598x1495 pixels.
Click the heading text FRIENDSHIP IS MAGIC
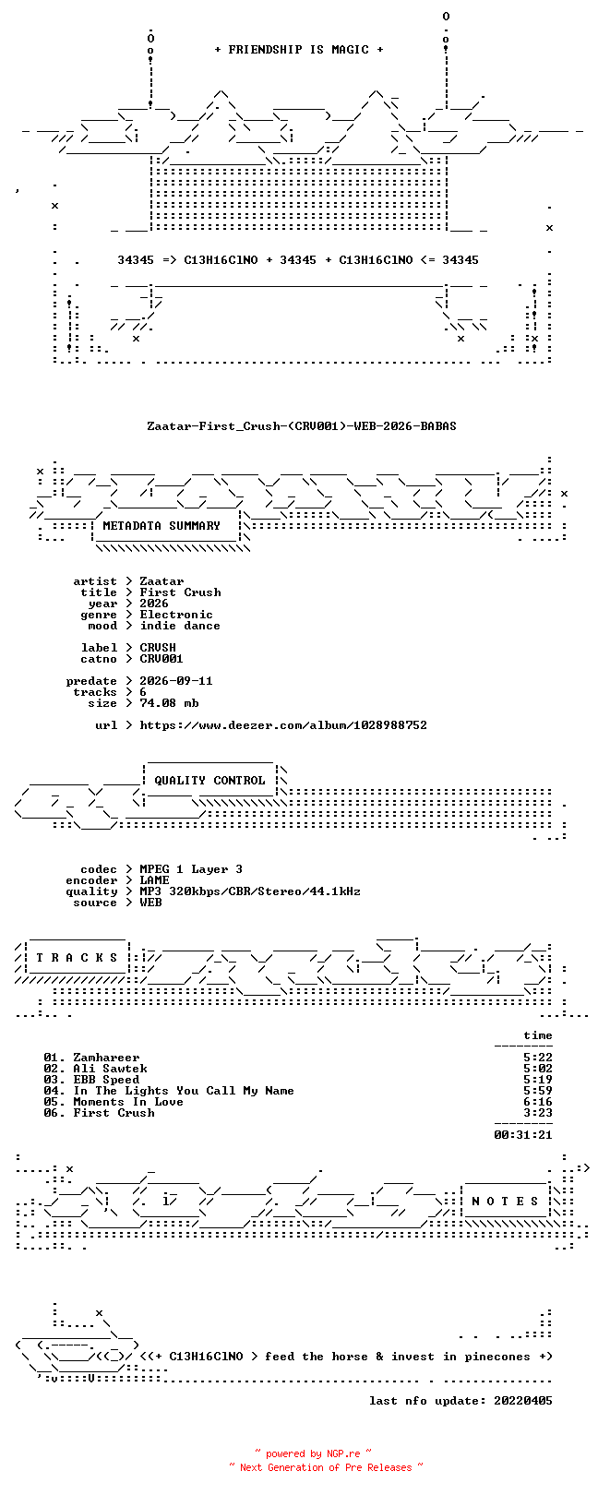pyautogui.click(x=298, y=50)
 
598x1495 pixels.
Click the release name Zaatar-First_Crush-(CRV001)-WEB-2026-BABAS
pyautogui.click(x=302, y=425)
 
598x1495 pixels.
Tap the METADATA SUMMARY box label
pyautogui.click(x=161, y=526)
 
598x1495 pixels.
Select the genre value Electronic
pyautogui.click(x=176, y=615)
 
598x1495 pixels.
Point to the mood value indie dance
pyautogui.click(x=180, y=626)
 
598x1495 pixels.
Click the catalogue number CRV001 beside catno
pyautogui.click(x=161, y=659)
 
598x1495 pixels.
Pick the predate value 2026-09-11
pyautogui.click(x=176, y=681)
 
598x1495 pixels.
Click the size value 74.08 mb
pyautogui.click(x=169, y=703)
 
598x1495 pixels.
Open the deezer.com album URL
pyautogui.click(x=283, y=725)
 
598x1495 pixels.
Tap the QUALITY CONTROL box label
pyautogui.click(x=209, y=781)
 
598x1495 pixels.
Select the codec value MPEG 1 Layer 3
pyautogui.click(x=191, y=869)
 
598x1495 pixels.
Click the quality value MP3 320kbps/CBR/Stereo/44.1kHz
pyautogui.click(x=249, y=891)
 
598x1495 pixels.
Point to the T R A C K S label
pyautogui.click(x=77, y=958)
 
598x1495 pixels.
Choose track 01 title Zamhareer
pyautogui.click(x=106, y=1058)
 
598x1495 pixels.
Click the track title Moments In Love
pyautogui.click(x=128, y=1102)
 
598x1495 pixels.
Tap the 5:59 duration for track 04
pyautogui.click(x=538, y=1091)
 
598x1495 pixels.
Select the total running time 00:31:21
pyautogui.click(x=523, y=1135)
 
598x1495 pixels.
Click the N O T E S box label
pyautogui.click(x=505, y=1202)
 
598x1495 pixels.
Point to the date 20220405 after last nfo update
pyautogui.click(x=523, y=1401)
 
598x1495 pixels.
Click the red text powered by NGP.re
pyautogui.click(x=313, y=1453)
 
